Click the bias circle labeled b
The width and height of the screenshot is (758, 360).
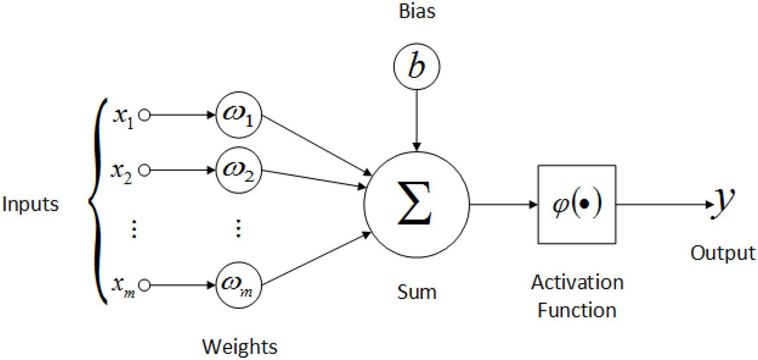point(416,66)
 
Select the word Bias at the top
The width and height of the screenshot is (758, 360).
point(416,11)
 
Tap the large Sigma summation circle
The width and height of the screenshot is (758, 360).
point(416,205)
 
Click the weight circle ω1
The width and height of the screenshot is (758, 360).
point(239,116)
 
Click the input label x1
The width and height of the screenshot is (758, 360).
point(123,117)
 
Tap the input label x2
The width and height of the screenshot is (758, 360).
point(123,172)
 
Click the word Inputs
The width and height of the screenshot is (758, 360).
point(30,205)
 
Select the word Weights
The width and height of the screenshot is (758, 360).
point(240,347)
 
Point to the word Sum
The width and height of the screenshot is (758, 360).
point(417,292)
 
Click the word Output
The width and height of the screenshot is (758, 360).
point(723,253)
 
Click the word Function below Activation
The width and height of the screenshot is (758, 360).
point(577,309)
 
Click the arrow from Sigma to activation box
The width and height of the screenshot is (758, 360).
point(503,205)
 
